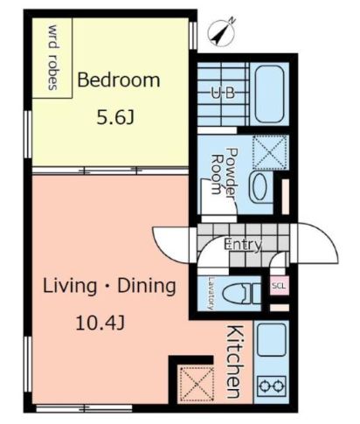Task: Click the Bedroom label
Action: coord(119,80)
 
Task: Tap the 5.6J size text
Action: coord(115,118)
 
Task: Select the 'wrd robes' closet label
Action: coord(53,58)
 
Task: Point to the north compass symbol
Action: coord(221,32)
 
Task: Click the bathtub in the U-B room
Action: coord(269,94)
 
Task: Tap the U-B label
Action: coord(224,94)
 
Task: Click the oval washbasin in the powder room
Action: coord(260,187)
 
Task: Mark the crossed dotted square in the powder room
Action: coord(270,152)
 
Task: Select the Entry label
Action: coord(243,245)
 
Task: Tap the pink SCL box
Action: coord(279,286)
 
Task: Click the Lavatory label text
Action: coord(211,293)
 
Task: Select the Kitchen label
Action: coord(234,361)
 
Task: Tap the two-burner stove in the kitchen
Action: coord(272,386)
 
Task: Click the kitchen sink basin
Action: coord(272,340)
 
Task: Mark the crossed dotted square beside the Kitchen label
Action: coord(197,385)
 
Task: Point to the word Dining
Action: coord(147,287)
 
